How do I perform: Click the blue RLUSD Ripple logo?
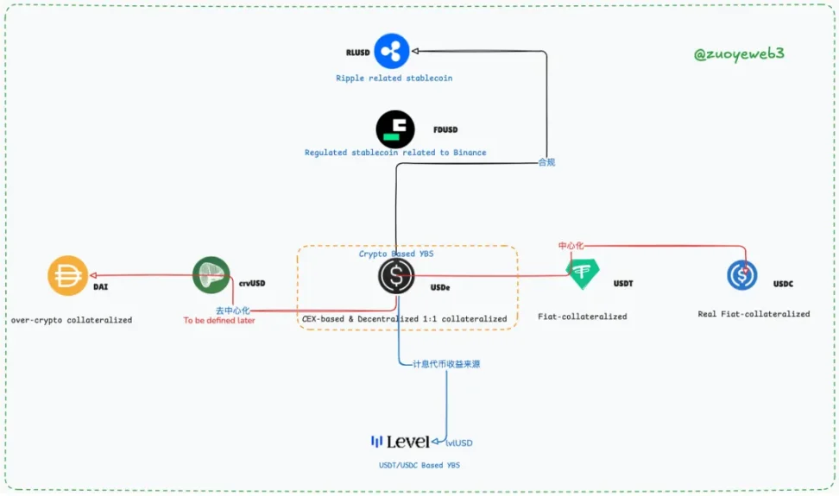tap(391, 51)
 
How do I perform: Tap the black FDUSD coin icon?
tap(395, 129)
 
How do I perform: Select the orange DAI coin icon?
tap(67, 276)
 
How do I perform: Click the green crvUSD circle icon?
tap(211, 275)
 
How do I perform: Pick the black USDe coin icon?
tap(396, 276)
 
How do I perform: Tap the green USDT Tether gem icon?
tap(583, 273)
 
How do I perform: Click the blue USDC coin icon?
tap(741, 275)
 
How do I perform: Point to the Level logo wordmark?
tap(401, 442)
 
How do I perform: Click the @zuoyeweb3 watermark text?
tap(739, 53)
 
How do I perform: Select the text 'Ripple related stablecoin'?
tap(394, 78)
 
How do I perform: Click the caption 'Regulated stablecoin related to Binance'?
tap(395, 153)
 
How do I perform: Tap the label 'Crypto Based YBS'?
tap(396, 254)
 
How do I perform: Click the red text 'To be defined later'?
tap(219, 321)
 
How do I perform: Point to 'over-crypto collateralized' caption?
tap(72, 320)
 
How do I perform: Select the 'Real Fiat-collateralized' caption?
tap(754, 314)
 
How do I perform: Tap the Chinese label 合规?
tap(546, 161)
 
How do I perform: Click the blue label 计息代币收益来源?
tap(446, 364)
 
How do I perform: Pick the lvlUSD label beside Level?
tap(459, 443)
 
